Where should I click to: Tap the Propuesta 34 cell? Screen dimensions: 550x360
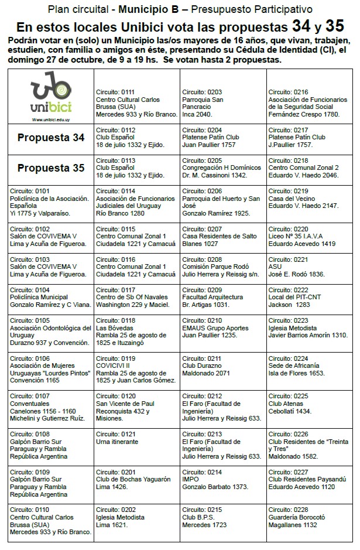(x=50, y=138)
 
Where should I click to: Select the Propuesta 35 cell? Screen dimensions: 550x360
(x=50, y=168)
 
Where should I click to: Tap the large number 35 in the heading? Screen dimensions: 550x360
(x=335, y=26)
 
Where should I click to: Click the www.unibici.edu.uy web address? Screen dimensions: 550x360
(x=50, y=119)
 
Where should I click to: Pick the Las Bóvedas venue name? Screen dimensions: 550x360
(x=112, y=329)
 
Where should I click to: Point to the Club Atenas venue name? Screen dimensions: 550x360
(x=286, y=404)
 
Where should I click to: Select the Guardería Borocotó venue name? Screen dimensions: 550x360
(x=297, y=517)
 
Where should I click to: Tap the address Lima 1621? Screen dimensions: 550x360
(x=111, y=525)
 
